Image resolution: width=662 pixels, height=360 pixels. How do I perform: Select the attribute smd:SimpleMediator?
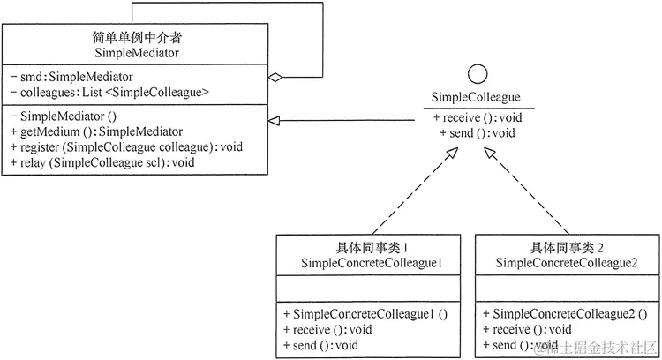[71, 77]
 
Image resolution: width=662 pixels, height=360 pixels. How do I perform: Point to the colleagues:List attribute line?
[109, 92]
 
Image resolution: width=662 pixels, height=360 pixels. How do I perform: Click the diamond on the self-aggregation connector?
[276, 78]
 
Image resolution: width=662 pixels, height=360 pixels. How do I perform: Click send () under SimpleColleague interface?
[477, 133]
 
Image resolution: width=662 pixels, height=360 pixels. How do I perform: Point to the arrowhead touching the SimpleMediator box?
[275, 120]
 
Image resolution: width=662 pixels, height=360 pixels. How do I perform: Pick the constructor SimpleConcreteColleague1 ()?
[365, 313]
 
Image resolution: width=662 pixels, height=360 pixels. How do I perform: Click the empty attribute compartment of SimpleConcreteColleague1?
[371, 288]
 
